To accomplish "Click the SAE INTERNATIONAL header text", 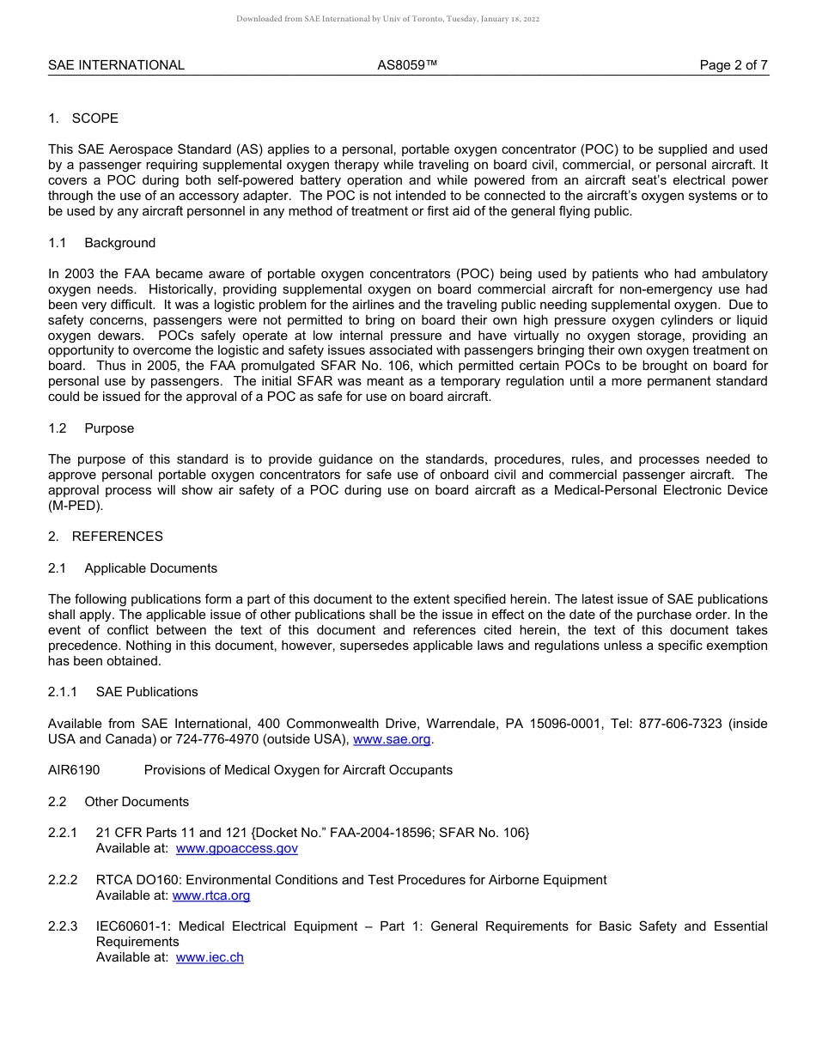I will [x=116, y=65].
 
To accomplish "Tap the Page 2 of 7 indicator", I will [x=734, y=65].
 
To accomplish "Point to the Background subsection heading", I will [x=119, y=243].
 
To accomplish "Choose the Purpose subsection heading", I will [x=109, y=428].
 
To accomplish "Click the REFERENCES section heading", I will [x=117, y=537].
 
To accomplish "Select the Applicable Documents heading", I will [x=150, y=568].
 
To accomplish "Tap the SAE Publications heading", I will [x=147, y=692].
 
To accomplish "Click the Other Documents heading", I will [x=137, y=802].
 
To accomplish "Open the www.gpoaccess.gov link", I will [x=236, y=848].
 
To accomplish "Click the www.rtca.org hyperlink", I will [x=211, y=895].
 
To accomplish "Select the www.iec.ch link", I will [x=210, y=957].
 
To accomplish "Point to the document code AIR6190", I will [x=74, y=770].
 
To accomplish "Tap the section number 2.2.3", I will [x=63, y=926].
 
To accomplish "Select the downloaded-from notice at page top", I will [x=387, y=19].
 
